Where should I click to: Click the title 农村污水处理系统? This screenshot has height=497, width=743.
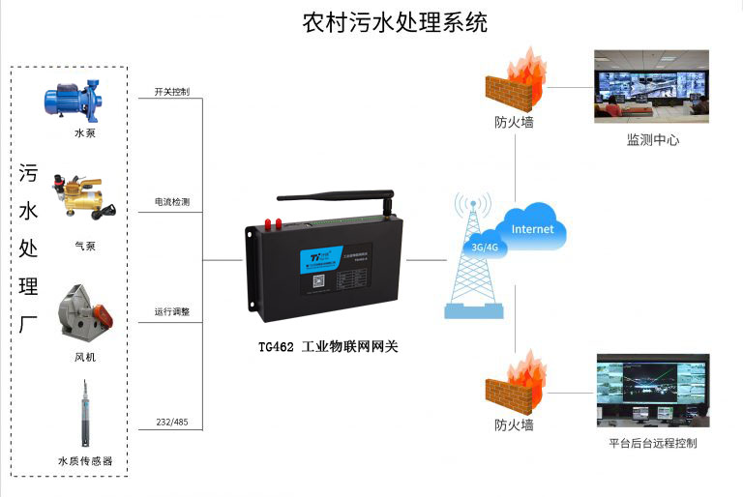point(395,22)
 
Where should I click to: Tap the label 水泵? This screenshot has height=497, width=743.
point(85,133)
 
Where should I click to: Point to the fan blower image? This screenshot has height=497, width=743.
point(84,311)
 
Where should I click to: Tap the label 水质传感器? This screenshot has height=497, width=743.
point(85,461)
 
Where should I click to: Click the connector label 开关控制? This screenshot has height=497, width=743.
point(172,93)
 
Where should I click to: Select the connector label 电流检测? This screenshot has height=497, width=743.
point(172,203)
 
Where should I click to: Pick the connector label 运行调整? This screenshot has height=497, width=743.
point(172,312)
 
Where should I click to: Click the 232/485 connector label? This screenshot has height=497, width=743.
point(171,423)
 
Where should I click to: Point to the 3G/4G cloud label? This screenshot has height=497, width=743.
point(483,247)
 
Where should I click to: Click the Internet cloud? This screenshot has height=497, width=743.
point(532,230)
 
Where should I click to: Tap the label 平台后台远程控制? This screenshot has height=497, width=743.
point(652,444)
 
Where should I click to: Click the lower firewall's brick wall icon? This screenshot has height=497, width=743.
point(512,391)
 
